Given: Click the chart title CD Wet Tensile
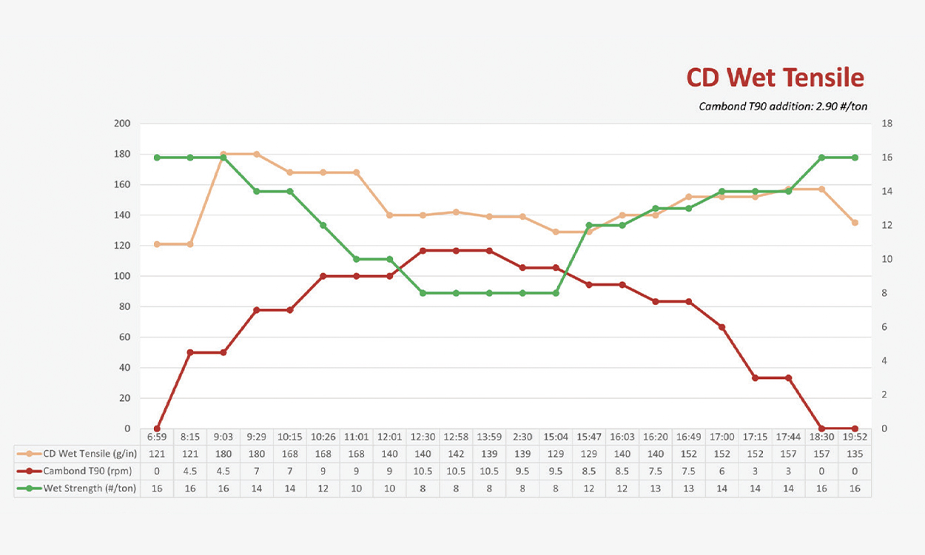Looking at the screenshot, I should [775, 78].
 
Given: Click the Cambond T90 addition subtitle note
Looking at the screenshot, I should [783, 107].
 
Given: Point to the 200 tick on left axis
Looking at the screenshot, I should [122, 124].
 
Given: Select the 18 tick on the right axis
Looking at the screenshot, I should [887, 124].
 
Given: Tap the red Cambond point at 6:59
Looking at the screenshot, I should [157, 428].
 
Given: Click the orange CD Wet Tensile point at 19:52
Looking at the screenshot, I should [855, 223].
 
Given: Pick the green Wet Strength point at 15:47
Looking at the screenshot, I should [589, 225].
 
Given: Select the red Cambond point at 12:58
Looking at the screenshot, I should [456, 251].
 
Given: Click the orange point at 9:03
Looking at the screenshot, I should [223, 154].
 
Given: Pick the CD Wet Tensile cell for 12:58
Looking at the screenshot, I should [456, 454].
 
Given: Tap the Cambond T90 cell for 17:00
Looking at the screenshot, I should [721, 471].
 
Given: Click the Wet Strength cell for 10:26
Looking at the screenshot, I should [323, 488].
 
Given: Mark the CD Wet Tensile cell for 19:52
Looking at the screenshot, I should [855, 454].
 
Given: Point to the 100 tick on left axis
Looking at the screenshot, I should [122, 276].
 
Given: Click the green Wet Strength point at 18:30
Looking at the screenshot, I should [821, 158].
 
